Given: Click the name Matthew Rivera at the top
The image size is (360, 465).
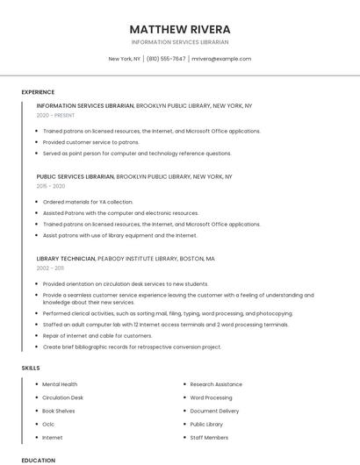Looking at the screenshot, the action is pos(180,29).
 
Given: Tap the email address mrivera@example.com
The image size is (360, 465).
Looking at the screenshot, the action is pos(221,59).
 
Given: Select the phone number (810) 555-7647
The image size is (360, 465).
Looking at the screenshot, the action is pos(166,59).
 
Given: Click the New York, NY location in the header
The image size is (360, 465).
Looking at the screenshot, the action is pos(124,59).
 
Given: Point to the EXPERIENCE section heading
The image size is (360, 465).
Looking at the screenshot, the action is pos(38,92).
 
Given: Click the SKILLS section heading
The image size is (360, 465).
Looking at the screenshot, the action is pos(31,368).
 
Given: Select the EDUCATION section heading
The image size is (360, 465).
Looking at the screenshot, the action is pos(38,460).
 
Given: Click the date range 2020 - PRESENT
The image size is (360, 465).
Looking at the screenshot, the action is pos(55,115).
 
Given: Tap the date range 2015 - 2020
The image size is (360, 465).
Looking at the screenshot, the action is pos(51,186).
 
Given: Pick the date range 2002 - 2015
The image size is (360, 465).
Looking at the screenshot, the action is pos(49,268).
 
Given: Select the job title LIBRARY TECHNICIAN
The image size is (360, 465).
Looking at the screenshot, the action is pos(66,259).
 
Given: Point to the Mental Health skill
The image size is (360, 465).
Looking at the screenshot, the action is pos(60,384).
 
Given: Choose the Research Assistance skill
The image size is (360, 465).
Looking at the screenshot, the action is pos(216,384).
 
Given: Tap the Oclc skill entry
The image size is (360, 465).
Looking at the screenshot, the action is pos(48,424).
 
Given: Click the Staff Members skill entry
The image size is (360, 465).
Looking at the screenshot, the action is pos(209,437).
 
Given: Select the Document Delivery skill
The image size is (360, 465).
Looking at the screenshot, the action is pos(214,411).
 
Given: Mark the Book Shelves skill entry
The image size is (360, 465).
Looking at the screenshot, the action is pos(59,411).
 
